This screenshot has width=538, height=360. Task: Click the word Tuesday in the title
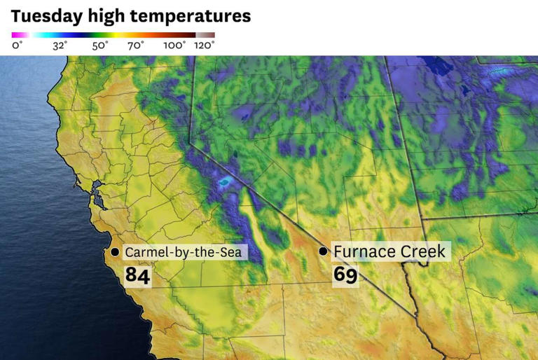click(43, 15)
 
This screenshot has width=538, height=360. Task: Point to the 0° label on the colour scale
click(17, 46)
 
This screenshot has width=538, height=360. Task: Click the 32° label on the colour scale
click(60, 46)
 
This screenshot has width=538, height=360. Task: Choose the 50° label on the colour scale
click(99, 46)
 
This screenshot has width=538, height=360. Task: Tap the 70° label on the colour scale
click(136, 46)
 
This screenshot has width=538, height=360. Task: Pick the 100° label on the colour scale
click(174, 46)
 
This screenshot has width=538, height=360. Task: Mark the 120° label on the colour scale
click(205, 46)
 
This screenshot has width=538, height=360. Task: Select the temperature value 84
click(137, 275)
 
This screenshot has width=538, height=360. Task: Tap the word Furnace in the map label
click(368, 251)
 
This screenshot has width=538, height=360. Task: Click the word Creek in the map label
click(425, 251)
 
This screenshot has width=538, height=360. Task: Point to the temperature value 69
click(345, 275)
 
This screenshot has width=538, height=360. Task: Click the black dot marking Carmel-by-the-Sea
click(115, 251)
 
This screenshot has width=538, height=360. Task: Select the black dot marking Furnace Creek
click(323, 251)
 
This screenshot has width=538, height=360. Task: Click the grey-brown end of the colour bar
click(206, 34)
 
